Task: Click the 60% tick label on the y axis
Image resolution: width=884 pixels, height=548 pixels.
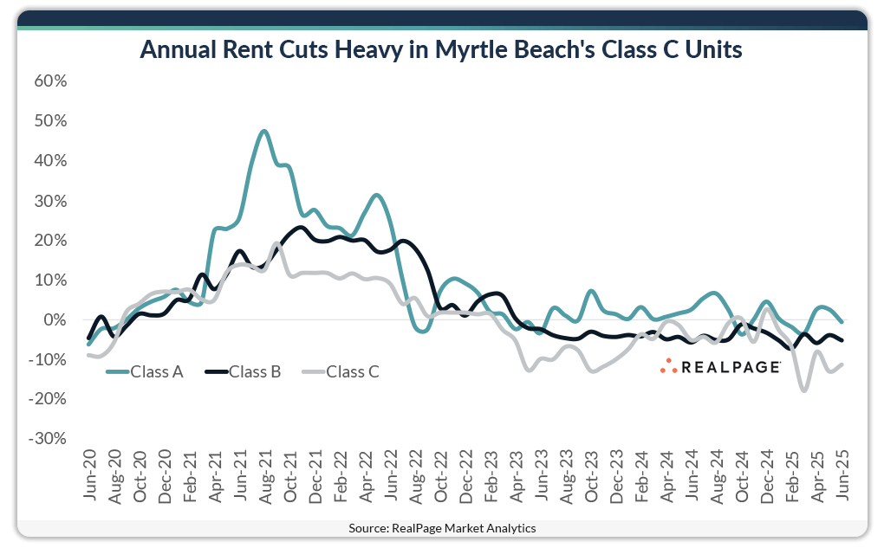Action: [49, 81]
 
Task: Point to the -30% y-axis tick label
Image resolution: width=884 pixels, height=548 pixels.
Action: [47, 439]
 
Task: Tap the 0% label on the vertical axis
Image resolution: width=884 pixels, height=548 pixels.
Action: [55, 320]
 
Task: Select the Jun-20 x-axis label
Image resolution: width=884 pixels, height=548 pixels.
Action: [90, 476]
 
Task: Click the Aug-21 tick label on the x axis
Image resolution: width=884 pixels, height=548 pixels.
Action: [264, 476]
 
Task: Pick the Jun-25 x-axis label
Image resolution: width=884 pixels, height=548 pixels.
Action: [840, 476]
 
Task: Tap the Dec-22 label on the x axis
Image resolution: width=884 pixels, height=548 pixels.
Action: [465, 476]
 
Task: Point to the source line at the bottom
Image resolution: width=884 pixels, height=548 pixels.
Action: [442, 527]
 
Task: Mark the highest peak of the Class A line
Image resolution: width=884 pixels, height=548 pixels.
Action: [264, 132]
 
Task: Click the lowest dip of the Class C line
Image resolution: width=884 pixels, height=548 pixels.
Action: [803, 390]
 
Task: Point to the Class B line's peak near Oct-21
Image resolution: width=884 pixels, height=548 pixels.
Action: [300, 228]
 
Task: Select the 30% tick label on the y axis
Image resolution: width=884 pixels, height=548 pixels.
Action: [49, 201]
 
